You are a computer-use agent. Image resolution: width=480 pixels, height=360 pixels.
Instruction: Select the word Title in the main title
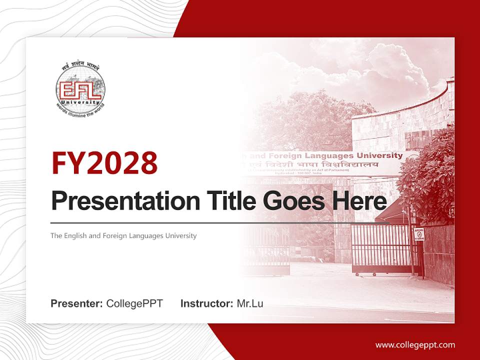[227, 201]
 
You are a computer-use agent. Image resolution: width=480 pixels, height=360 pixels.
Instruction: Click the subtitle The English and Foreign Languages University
[123, 235]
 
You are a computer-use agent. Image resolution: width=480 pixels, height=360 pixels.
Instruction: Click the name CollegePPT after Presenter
[134, 303]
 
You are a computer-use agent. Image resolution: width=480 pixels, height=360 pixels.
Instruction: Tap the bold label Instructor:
[206, 303]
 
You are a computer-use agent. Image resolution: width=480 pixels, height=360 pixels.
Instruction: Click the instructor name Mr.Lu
[250, 303]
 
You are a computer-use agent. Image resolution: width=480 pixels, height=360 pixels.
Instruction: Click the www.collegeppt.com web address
[415, 345]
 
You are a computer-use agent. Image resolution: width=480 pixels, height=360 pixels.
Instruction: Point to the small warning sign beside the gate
[419, 233]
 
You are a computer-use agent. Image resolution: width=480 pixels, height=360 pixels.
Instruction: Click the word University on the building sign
[383, 155]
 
